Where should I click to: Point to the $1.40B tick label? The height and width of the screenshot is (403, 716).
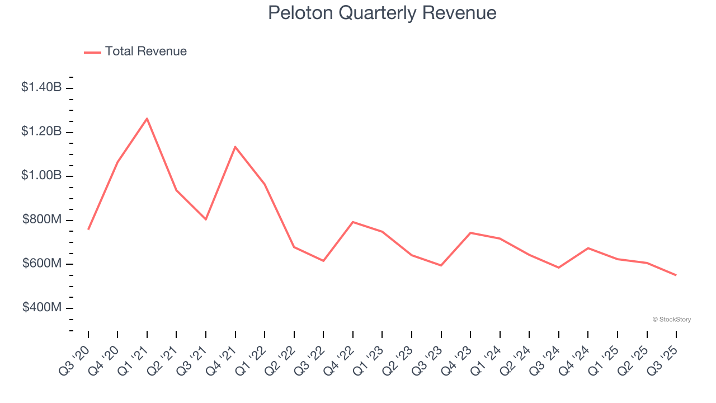(41, 87)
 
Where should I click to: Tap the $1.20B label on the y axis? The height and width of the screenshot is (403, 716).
(41, 132)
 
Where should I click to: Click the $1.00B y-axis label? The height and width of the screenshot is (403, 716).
(41, 176)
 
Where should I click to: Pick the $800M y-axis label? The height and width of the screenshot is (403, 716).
(42, 220)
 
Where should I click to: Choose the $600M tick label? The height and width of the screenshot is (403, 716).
(42, 264)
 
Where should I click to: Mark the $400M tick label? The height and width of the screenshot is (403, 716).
(42, 308)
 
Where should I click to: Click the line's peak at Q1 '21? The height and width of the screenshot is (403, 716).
(147, 119)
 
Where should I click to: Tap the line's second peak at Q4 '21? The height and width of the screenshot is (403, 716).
(235, 147)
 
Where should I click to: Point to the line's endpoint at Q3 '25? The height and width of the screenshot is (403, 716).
(676, 275)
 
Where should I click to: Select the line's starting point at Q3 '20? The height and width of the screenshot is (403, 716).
(88, 229)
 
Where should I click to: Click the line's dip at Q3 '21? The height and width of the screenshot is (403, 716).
(206, 219)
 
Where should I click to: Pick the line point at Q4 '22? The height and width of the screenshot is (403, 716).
(353, 222)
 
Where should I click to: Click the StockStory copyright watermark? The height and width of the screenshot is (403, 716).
(671, 320)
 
